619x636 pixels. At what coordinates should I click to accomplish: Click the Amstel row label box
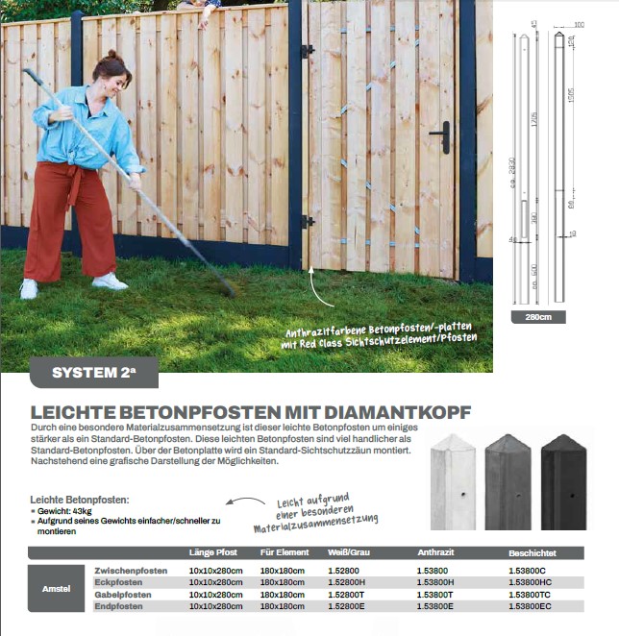point(56,588)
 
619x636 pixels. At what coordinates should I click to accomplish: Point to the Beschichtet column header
point(532,552)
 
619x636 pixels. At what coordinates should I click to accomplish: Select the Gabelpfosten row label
point(123,595)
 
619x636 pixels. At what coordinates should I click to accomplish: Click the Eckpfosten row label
point(118,582)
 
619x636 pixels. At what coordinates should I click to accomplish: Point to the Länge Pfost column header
point(212,552)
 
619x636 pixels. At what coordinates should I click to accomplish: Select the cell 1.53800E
point(434,606)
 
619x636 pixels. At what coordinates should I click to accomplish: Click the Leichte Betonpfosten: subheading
point(79,501)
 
